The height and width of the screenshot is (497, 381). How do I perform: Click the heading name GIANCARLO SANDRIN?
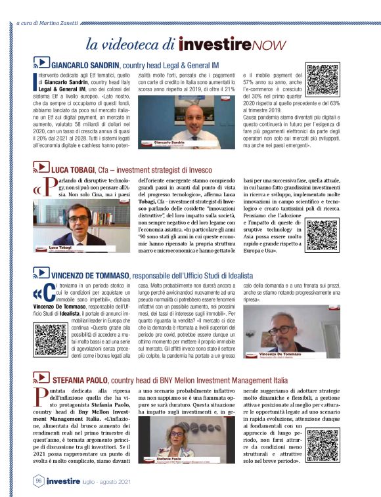(x=85, y=65)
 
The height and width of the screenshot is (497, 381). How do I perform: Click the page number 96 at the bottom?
(x=39, y=481)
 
